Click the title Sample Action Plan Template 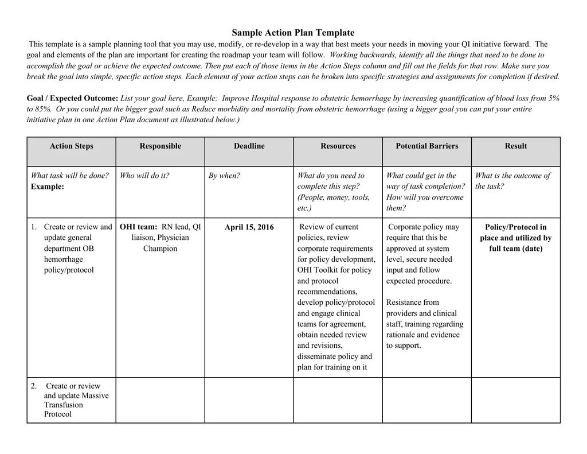click(x=293, y=33)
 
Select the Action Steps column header click(x=71, y=146)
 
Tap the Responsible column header click(x=160, y=146)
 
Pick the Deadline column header click(x=249, y=146)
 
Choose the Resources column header click(x=338, y=146)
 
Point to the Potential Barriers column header click(x=426, y=146)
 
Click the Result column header click(x=515, y=146)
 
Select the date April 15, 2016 click(x=249, y=227)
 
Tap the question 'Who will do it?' click(x=144, y=176)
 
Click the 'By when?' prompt click(x=224, y=176)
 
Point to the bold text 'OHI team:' click(x=138, y=227)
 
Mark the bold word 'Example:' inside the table click(x=47, y=187)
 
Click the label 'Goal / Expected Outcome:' click(x=72, y=99)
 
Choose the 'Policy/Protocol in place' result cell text click(x=515, y=232)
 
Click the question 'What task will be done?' click(x=69, y=176)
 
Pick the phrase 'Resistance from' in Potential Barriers click(x=412, y=302)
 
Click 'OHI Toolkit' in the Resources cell click(x=316, y=270)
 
